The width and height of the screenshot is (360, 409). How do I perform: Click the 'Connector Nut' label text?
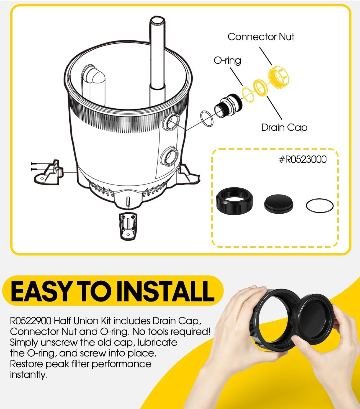tap(261, 37)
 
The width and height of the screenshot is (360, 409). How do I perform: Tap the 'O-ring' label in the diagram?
tap(227, 60)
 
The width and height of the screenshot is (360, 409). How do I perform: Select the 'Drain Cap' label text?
tap(284, 127)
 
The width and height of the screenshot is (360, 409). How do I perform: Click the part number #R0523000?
tap(302, 160)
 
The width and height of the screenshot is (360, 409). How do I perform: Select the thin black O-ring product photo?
tap(320, 206)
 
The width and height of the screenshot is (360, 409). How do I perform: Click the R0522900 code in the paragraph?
tap(30, 321)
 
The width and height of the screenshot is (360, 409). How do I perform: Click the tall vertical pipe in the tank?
tap(156, 61)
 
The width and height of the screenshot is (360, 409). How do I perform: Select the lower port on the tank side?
tap(169, 156)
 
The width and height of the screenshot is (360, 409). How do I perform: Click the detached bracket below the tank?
tap(128, 225)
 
